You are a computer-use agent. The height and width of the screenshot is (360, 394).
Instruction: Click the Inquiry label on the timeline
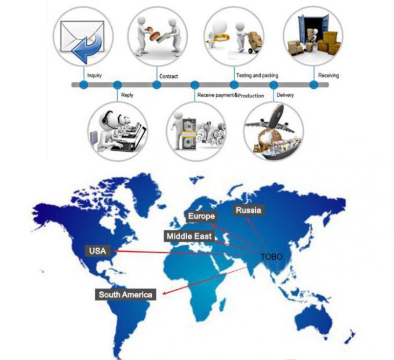(94, 75)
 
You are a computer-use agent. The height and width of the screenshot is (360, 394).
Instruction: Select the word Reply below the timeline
(127, 95)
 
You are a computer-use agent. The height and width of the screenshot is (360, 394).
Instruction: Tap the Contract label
(169, 76)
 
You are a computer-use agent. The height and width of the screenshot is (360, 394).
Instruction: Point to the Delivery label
(285, 95)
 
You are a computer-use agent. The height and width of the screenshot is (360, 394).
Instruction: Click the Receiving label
(329, 75)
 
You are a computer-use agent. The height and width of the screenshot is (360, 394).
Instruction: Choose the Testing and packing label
(257, 75)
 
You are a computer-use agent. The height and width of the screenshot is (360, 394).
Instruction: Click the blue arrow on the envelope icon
(87, 48)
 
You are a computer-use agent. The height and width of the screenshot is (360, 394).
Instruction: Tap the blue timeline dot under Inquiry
(83, 85)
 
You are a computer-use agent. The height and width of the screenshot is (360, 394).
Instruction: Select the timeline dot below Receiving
(313, 85)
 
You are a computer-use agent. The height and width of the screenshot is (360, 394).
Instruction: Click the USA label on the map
(98, 250)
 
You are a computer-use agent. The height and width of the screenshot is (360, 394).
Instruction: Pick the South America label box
(125, 294)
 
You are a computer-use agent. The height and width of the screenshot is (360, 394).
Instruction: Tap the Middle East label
(189, 236)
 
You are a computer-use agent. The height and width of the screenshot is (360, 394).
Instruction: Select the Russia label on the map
(249, 210)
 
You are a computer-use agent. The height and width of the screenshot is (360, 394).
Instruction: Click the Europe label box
(202, 216)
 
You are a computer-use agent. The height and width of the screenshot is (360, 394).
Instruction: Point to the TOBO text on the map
(271, 257)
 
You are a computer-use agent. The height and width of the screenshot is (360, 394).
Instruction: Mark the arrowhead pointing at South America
(165, 293)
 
